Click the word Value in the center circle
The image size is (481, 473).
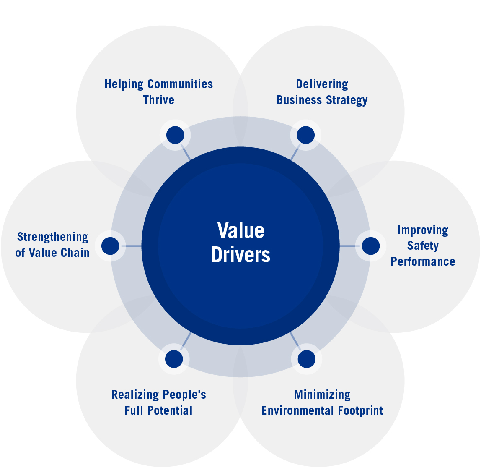click(240, 230)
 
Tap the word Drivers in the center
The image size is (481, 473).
click(240, 255)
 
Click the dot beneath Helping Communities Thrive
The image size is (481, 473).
click(175, 135)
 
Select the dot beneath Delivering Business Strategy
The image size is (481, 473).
click(306, 135)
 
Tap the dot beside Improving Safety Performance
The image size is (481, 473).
click(371, 246)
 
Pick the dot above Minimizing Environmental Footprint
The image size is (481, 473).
click(307, 359)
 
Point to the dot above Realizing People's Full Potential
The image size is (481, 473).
click(174, 359)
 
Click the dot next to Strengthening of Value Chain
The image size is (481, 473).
click(110, 246)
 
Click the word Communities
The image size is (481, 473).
click(180, 84)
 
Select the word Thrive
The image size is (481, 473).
click(158, 100)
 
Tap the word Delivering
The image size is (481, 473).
click(322, 84)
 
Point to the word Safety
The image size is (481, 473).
click(423, 246)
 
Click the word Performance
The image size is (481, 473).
click(423, 261)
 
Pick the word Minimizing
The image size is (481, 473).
click(322, 395)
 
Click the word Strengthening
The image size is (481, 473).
click(53, 237)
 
